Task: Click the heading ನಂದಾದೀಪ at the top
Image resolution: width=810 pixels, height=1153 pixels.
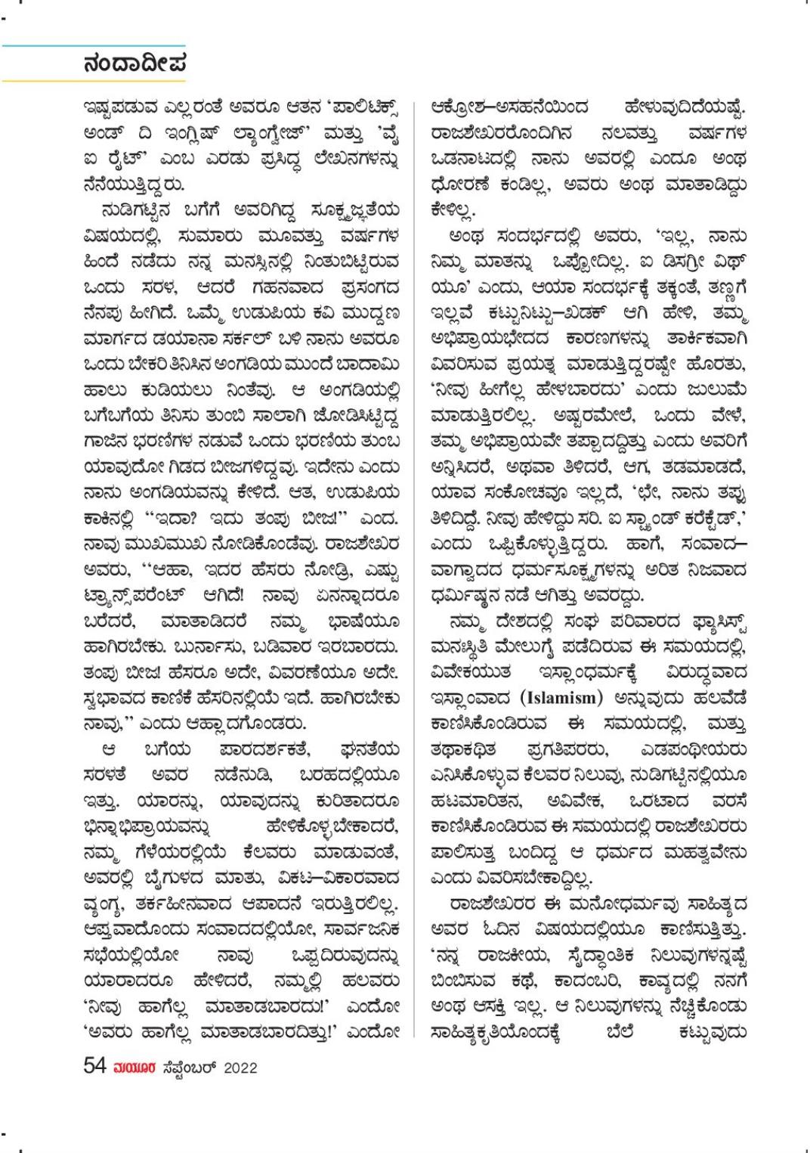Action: click(x=134, y=64)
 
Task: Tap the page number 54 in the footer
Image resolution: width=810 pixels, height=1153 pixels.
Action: click(x=94, y=1066)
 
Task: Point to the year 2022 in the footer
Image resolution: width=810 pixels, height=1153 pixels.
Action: click(x=240, y=1068)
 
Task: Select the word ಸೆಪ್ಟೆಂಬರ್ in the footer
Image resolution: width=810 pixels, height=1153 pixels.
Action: click(x=189, y=1068)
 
